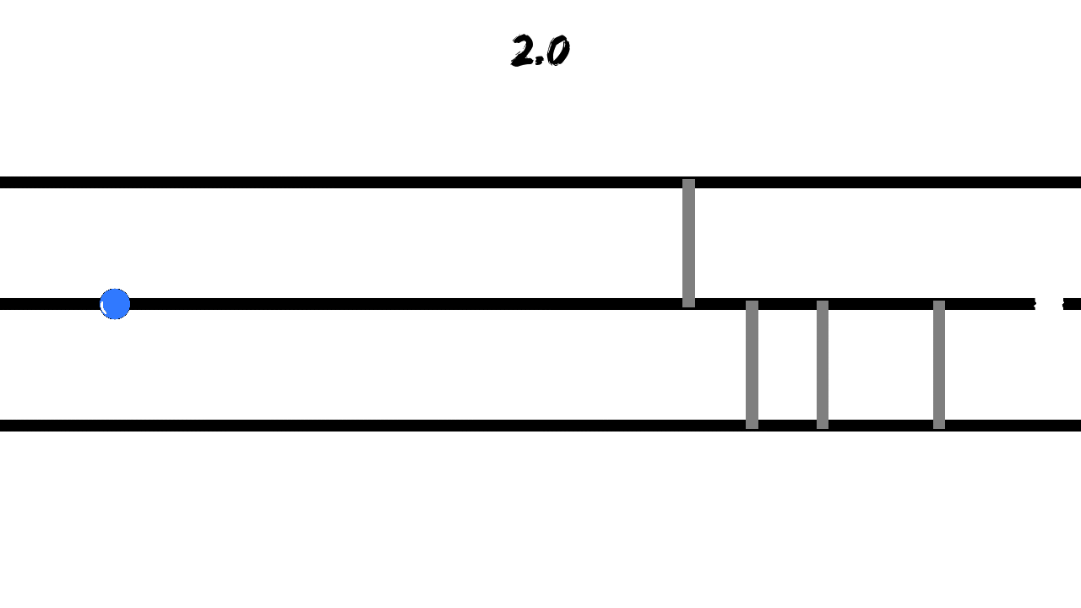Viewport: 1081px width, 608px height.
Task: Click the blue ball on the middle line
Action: (x=115, y=304)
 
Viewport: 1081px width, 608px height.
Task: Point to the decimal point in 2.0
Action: (x=539, y=62)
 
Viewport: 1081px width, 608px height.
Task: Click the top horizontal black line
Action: (x=540, y=182)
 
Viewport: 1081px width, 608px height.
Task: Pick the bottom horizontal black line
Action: (x=540, y=426)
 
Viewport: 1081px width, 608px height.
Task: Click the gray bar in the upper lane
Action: (x=688, y=243)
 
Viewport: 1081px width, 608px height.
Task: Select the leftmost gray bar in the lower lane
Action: (x=752, y=365)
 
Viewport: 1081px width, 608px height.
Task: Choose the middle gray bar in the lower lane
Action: (x=823, y=365)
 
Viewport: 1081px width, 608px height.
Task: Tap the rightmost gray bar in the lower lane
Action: (x=939, y=365)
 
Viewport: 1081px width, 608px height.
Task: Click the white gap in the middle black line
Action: (x=1049, y=304)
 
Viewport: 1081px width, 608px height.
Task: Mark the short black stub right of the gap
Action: (x=1072, y=304)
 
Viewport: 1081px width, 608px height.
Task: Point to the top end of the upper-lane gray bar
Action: (x=688, y=180)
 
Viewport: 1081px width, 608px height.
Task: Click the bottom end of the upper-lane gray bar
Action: (x=688, y=307)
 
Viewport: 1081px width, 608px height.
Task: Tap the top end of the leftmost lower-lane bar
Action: (x=752, y=301)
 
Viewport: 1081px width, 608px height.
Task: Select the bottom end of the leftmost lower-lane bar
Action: (x=752, y=428)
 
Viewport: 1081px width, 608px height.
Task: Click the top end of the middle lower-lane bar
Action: (x=823, y=301)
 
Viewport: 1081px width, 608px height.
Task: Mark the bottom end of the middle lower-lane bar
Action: (x=823, y=428)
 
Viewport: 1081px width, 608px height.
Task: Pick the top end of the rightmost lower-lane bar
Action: (x=939, y=301)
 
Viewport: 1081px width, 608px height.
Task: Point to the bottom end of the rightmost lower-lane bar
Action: (x=939, y=428)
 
